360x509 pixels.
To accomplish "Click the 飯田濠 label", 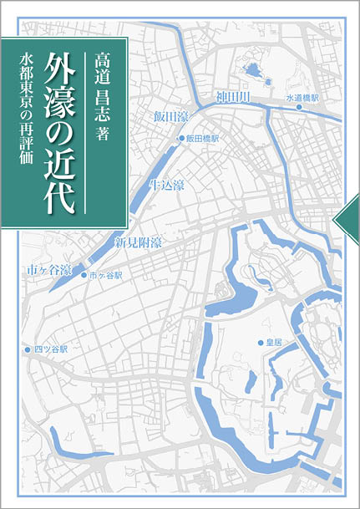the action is pos(174,116).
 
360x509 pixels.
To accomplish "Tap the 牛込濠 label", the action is pos(167,184).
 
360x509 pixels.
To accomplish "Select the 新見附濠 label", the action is pos(138,243).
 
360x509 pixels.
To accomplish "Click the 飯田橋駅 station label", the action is pos(202,138).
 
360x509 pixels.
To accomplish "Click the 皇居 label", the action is pos(275,343).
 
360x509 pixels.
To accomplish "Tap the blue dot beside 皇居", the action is pos(260,343).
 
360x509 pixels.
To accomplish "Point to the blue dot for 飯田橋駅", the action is pos(180,138).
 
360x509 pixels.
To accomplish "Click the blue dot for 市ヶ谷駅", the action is pos(84,274).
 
